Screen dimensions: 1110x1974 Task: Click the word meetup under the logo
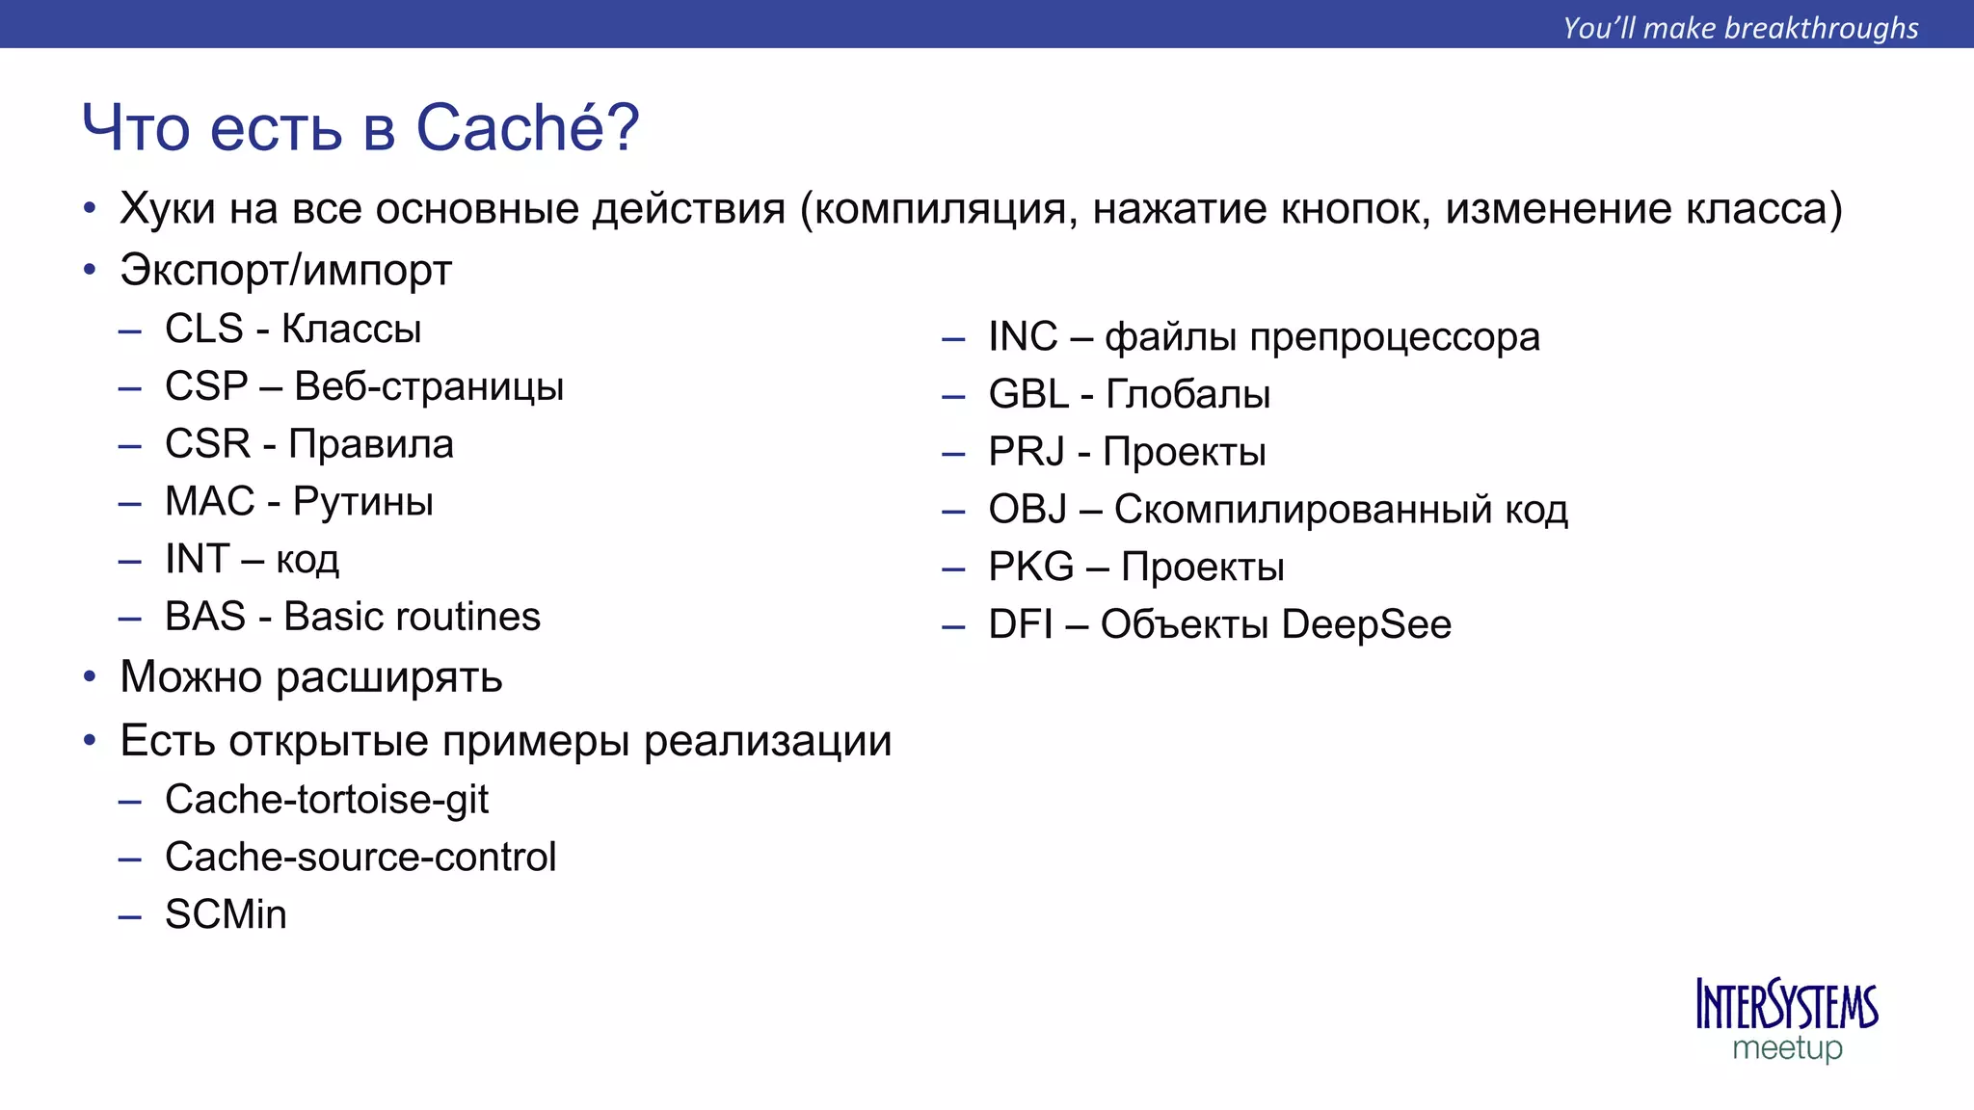click(x=1787, y=1047)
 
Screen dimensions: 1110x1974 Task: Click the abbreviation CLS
click(x=203, y=329)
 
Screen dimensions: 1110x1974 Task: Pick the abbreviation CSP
click(x=206, y=386)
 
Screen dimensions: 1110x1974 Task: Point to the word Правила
click(x=371, y=444)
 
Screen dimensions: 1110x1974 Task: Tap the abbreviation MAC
click(x=209, y=501)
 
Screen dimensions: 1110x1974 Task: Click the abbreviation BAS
click(x=204, y=617)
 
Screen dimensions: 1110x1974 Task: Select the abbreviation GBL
click(x=1027, y=394)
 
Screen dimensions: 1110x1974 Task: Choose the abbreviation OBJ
click(x=1027, y=509)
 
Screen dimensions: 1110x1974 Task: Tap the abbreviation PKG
click(x=1030, y=567)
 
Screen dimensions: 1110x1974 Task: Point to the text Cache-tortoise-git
click(x=326, y=800)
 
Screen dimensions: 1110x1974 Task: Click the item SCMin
click(x=226, y=914)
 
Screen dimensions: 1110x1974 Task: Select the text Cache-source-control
click(x=360, y=857)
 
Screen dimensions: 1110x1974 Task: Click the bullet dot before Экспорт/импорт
click(x=90, y=270)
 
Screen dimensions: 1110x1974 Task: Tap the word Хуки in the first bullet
click(x=168, y=208)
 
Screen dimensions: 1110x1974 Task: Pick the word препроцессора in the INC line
click(x=1394, y=337)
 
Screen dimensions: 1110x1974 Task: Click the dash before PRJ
click(x=953, y=454)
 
